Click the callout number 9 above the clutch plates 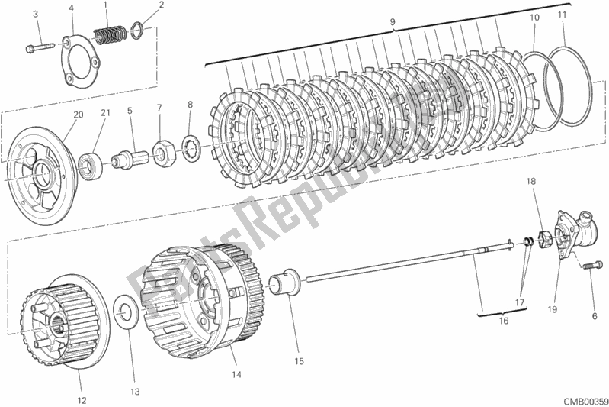point(392,23)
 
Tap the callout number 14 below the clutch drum point(236,375)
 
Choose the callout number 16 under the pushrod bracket point(504,321)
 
